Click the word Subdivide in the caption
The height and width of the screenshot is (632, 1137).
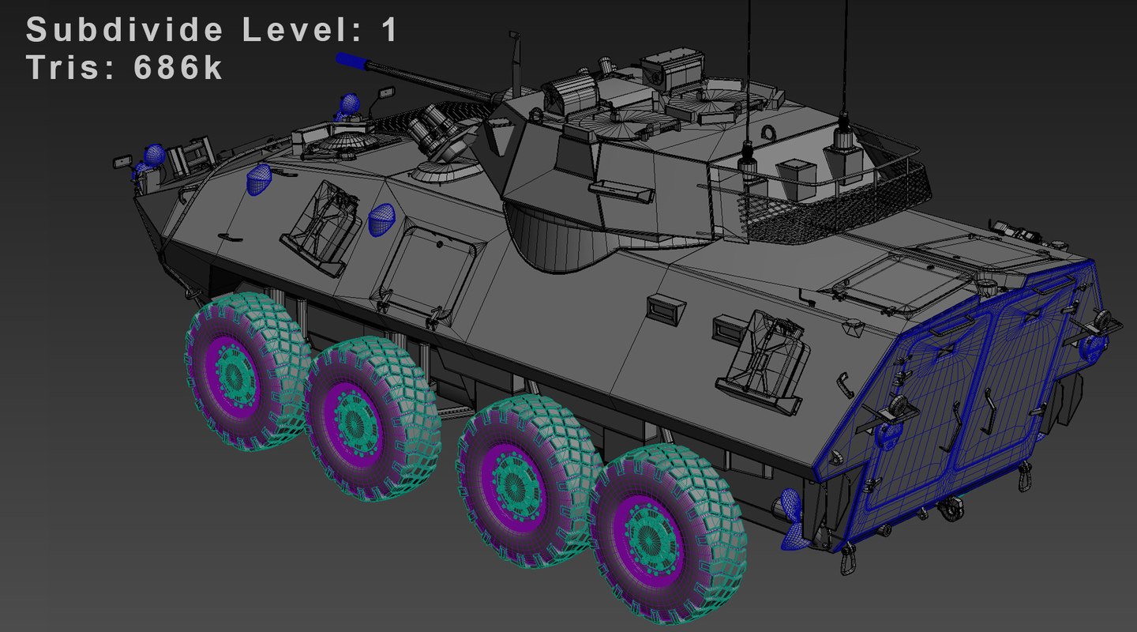coord(125,30)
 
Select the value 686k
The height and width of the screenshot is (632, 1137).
coord(178,67)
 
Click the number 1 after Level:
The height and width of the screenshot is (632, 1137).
coord(388,30)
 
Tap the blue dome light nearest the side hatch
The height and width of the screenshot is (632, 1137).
coord(381,219)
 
